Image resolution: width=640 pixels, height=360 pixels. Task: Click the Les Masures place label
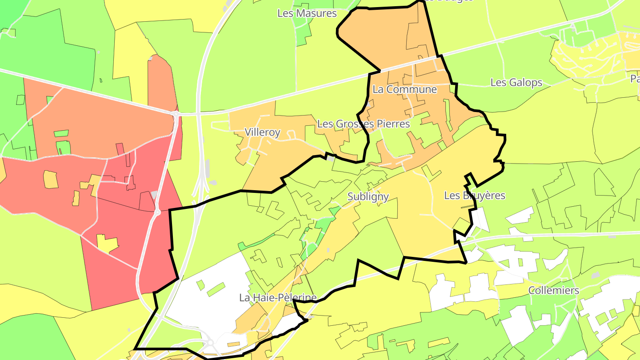[x=307, y=13]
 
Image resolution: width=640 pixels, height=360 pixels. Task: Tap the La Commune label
[x=404, y=89]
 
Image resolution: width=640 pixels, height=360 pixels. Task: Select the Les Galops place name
[x=516, y=83]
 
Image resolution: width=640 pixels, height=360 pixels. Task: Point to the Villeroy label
[x=262, y=132]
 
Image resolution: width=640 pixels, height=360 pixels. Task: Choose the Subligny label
[x=368, y=196]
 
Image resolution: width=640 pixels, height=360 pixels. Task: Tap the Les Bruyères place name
[x=475, y=196]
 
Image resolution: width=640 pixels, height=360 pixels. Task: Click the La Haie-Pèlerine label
[x=278, y=298]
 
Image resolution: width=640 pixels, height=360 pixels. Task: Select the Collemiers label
[x=553, y=291]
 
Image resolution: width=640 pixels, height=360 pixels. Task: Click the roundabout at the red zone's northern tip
[x=176, y=114]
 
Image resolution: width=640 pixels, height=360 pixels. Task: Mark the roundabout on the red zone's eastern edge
[x=156, y=212]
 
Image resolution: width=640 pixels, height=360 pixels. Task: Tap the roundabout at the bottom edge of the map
[x=209, y=343]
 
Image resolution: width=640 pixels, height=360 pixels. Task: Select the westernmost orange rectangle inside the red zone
[x=51, y=179]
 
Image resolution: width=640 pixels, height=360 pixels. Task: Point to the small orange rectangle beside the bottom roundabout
[x=234, y=344]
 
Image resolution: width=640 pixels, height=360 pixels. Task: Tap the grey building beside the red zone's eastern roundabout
[x=154, y=195]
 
